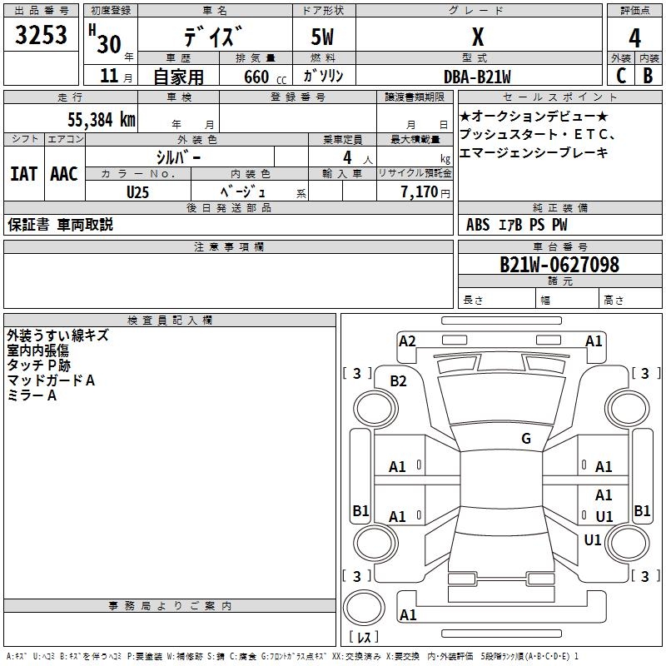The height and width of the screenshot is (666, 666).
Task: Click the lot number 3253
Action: pyautogui.click(x=42, y=36)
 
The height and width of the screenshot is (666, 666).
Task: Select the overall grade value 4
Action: pyautogui.click(x=635, y=38)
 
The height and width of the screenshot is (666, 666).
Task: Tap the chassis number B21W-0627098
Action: pyautogui.click(x=559, y=265)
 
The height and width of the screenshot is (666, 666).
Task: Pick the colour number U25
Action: pyautogui.click(x=137, y=191)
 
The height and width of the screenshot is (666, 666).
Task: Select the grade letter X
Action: pyautogui.click(x=478, y=37)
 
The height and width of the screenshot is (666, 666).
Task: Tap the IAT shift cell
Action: pyautogui.click(x=23, y=174)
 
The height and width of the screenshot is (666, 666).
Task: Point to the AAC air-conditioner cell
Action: pyautogui.click(x=64, y=174)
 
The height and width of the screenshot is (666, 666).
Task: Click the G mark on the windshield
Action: pyautogui.click(x=526, y=439)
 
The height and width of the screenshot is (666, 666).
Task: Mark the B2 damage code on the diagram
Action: pyautogui.click(x=399, y=380)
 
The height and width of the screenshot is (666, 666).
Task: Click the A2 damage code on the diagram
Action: pyautogui.click(x=407, y=340)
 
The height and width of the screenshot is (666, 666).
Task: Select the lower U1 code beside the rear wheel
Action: pyautogui.click(x=593, y=539)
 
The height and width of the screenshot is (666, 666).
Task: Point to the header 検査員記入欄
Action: pyautogui.click(x=170, y=321)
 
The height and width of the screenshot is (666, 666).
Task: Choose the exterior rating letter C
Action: pyautogui.click(x=621, y=76)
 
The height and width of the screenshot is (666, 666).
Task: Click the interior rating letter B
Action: pyautogui.click(x=649, y=76)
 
